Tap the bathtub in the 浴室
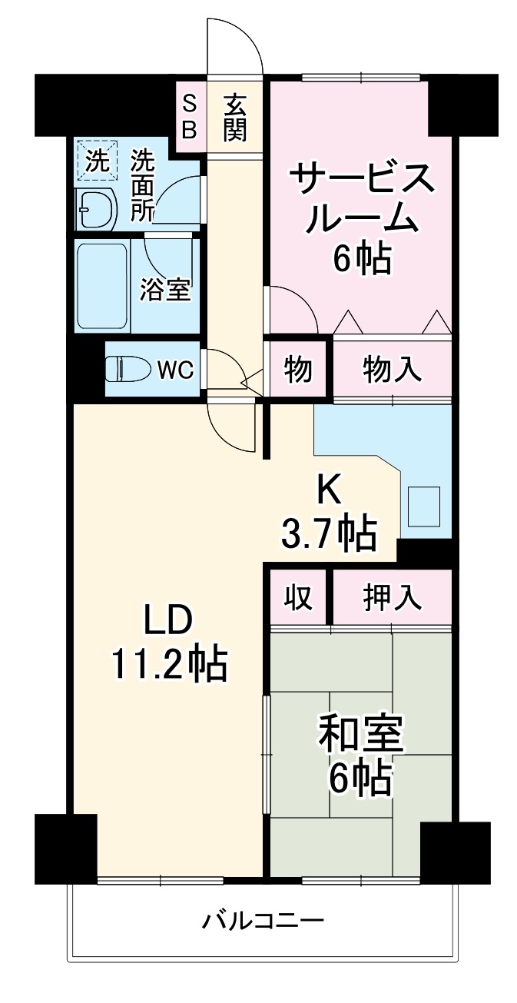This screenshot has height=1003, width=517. click(x=102, y=284)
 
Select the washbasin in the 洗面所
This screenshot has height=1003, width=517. click(x=96, y=208)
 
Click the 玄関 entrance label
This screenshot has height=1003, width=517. click(x=235, y=117)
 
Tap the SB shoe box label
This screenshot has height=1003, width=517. click(x=189, y=117)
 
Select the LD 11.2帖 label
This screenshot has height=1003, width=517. click(x=169, y=642)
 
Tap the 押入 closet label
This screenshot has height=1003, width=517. click(x=392, y=598)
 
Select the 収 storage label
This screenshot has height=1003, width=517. click(x=300, y=598)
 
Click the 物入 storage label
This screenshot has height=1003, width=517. click(x=392, y=370)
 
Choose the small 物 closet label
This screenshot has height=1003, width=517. click(x=298, y=370)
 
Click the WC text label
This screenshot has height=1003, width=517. click(x=174, y=370)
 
